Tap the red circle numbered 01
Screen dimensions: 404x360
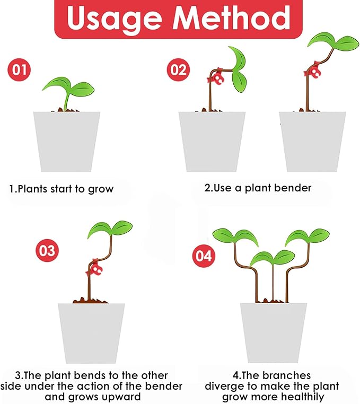coord(18,69)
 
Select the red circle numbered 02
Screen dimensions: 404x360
coord(179,69)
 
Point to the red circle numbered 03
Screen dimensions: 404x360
coord(47,250)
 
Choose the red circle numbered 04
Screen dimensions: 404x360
coord(204,256)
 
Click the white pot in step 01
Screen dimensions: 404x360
coord(67,141)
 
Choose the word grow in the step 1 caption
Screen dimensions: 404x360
coord(102,189)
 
